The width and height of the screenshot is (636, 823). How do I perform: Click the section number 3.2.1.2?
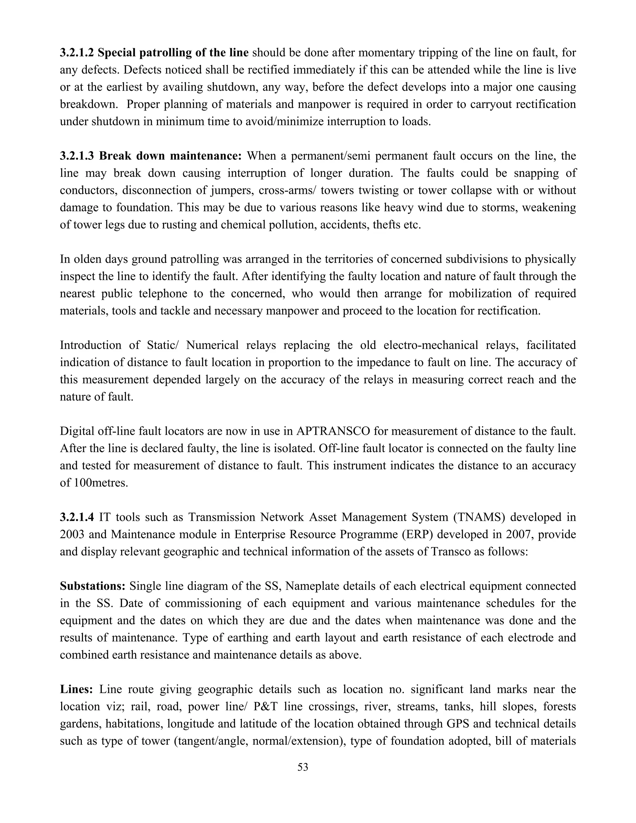tap(77, 53)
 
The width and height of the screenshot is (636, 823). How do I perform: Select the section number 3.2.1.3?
tap(77, 156)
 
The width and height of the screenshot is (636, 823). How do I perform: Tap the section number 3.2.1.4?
tap(77, 517)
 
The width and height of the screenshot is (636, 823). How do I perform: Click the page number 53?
tap(303, 767)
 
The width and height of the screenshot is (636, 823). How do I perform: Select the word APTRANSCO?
tap(334, 431)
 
